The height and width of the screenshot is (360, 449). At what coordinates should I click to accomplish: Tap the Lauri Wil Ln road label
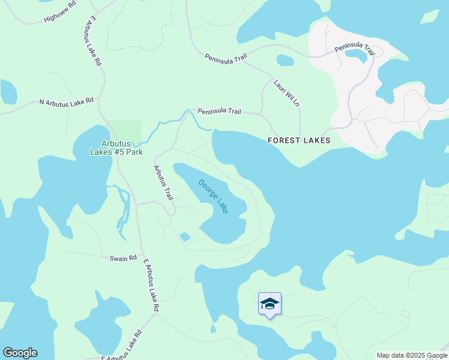coord(286,93)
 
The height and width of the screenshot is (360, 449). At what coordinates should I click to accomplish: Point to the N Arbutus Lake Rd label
coord(67,101)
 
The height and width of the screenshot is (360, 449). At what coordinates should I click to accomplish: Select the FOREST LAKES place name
coord(299,140)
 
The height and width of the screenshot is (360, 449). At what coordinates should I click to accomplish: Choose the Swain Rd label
coord(120,258)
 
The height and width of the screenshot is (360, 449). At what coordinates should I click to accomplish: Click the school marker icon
coord(270,305)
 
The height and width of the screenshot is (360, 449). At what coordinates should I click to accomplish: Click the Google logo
coord(20,353)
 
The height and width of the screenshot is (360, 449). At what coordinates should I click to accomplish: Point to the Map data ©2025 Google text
coord(412,355)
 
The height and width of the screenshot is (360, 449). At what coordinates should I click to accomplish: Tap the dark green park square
coord(125,132)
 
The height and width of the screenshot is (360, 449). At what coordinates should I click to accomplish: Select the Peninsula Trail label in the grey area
coord(355,49)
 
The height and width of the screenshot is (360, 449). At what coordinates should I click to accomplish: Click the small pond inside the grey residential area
coord(356,56)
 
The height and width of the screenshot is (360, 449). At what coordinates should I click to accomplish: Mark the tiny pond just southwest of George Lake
coord(185,237)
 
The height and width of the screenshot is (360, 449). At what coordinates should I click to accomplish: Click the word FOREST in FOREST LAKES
coord(283,140)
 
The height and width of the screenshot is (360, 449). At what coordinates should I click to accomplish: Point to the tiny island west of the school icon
coord(213,328)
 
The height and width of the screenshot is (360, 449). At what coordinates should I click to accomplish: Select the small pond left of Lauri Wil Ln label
coord(285,60)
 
